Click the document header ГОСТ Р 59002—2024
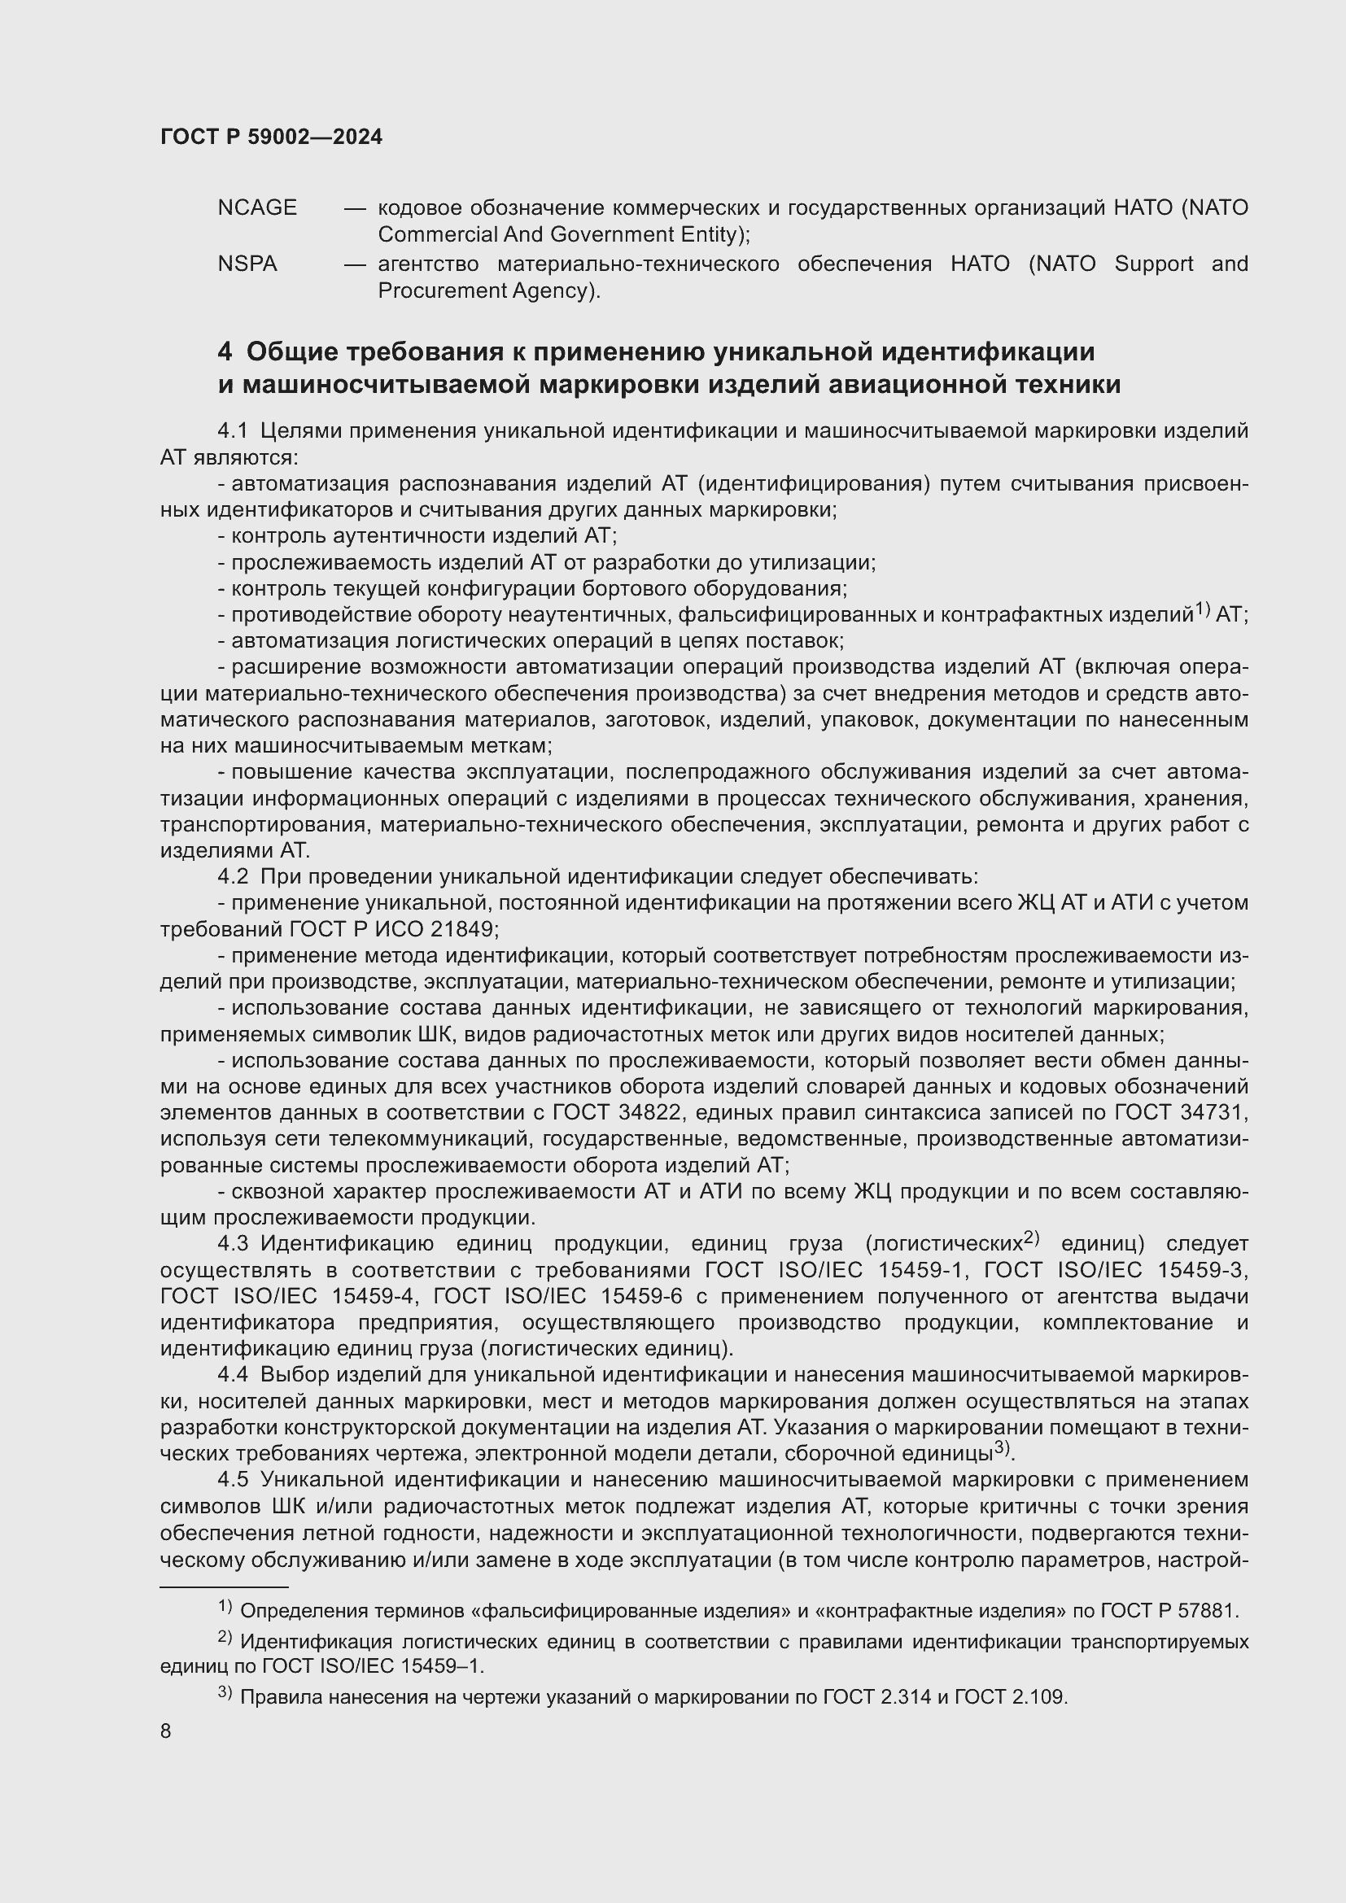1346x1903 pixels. tap(271, 137)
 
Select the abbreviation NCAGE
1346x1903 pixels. tap(257, 208)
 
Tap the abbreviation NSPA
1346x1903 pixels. tap(247, 264)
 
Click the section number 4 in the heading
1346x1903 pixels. tap(225, 352)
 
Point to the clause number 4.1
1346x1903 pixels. tap(233, 431)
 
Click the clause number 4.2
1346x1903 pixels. tap(233, 877)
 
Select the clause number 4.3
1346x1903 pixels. tap(233, 1244)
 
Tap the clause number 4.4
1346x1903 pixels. tap(233, 1375)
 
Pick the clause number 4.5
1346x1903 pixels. tap(233, 1479)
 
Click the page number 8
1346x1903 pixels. tap(166, 1731)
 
